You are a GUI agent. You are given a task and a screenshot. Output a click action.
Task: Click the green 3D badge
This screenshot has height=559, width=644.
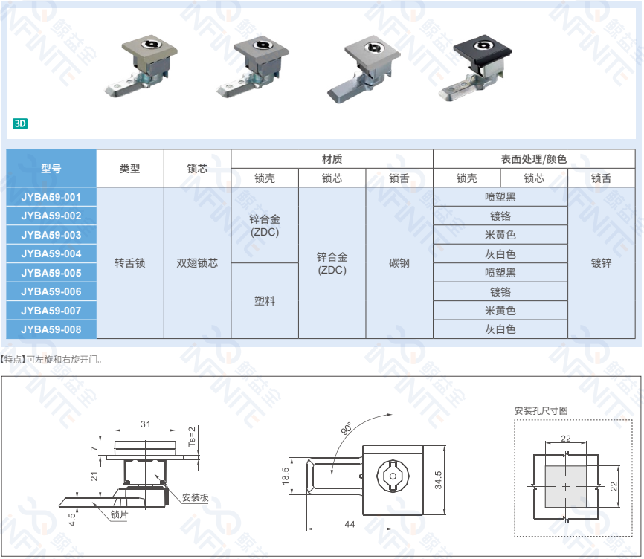[x=20, y=123]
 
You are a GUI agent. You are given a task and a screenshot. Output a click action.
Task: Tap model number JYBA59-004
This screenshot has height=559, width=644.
[x=51, y=253]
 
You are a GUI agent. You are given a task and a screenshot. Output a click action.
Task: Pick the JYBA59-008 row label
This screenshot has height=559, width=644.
[x=51, y=329]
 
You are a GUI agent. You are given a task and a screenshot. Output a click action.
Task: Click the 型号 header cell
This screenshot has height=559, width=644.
[x=51, y=168]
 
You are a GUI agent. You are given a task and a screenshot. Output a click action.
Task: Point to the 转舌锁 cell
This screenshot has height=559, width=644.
[x=130, y=263]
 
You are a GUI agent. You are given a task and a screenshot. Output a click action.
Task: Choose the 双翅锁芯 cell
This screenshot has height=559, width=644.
[x=197, y=263]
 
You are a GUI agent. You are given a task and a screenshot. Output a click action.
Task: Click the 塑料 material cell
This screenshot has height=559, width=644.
[x=265, y=301]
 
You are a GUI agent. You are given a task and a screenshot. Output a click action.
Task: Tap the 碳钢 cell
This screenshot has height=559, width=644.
[x=399, y=263]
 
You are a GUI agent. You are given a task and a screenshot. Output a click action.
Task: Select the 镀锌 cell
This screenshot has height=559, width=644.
[x=602, y=263]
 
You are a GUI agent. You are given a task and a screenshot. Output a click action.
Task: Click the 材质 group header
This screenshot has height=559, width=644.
[x=332, y=159]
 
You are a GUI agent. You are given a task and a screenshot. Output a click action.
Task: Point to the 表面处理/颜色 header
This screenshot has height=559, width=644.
[x=534, y=159]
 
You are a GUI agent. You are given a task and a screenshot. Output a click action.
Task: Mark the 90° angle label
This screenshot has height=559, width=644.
[x=347, y=428]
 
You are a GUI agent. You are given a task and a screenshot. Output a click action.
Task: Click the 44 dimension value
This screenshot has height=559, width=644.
[x=350, y=524]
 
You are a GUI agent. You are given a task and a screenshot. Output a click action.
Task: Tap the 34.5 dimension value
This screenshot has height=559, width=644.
[x=438, y=479]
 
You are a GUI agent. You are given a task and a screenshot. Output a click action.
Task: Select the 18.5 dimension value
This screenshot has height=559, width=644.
[x=286, y=476]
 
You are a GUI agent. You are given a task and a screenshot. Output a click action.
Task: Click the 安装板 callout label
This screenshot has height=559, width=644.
[x=196, y=497]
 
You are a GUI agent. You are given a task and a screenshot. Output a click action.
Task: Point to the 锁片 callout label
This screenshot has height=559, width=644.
[x=120, y=514]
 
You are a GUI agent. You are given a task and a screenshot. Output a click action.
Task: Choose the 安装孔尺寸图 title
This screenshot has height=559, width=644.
[x=541, y=410]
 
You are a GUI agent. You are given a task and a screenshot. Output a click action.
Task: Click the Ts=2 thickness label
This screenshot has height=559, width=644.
[x=192, y=436]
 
